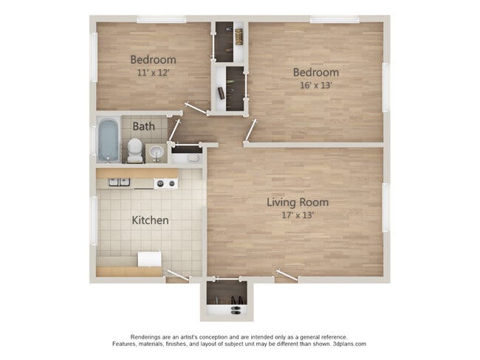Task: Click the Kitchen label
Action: (x=150, y=220)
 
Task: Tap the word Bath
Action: (x=144, y=126)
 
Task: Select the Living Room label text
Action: (x=298, y=202)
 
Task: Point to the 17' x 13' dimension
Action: (x=298, y=215)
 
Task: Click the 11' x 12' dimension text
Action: (x=153, y=72)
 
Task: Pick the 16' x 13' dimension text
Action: (x=315, y=85)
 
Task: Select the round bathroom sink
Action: (x=156, y=152)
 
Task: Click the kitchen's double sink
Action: (x=119, y=181)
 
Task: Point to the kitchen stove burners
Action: (x=165, y=182)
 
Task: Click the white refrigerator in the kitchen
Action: (x=149, y=259)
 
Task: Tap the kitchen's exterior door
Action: (x=178, y=276)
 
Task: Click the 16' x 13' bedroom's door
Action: (x=251, y=130)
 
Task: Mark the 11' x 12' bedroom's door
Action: (x=196, y=108)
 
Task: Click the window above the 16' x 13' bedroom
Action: (x=334, y=20)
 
